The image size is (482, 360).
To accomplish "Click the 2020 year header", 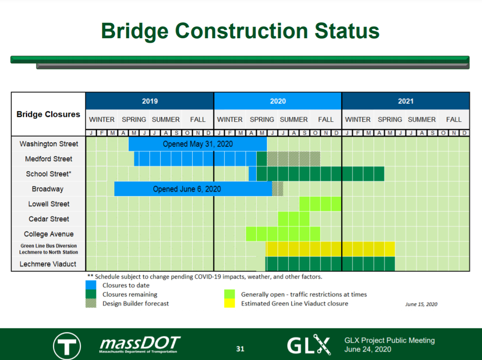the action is click(277, 101).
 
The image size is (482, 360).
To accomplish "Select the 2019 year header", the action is click(150, 101).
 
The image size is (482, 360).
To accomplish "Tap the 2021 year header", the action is click(406, 101).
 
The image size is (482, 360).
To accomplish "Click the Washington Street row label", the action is click(49, 144).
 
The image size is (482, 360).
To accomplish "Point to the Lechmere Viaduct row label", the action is click(48, 264).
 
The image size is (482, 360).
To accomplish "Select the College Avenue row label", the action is click(49, 234).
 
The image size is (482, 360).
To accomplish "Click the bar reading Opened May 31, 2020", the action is click(198, 144).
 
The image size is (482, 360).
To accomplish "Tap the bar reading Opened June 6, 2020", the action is click(193, 189).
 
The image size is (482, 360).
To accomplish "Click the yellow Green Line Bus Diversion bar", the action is click(330, 249).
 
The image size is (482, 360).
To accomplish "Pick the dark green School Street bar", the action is click(320, 174).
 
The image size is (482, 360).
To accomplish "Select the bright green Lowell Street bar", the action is click(320, 204).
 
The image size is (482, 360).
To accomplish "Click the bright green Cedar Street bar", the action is click(293, 219).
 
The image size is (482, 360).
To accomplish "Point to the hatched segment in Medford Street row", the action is click(293, 159).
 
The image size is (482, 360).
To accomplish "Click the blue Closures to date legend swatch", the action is click(91, 285).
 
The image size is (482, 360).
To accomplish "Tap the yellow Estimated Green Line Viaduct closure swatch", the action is click(229, 303).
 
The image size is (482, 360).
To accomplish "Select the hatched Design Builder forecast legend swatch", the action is click(91, 303).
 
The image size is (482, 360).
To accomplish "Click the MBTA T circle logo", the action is click(67, 346).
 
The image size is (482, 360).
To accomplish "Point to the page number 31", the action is click(240, 349).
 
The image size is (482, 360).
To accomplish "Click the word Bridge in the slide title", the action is click(135, 31).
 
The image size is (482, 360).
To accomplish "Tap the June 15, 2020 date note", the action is click(421, 304).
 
